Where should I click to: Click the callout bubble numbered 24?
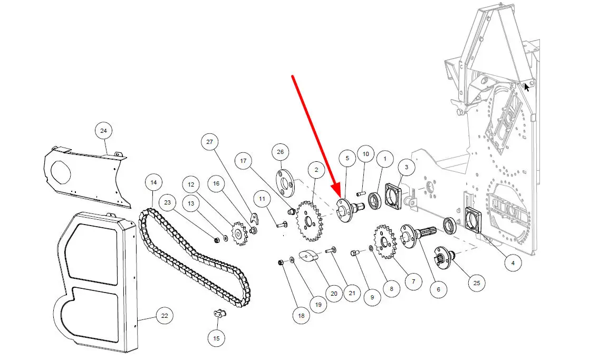[103, 131]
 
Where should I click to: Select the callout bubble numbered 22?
[165, 316]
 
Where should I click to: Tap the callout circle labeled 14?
[153, 182]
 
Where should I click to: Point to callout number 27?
[210, 142]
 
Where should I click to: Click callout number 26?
[280, 152]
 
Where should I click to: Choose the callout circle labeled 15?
[216, 338]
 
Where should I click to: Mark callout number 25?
[477, 283]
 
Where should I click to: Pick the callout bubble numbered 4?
[513, 263]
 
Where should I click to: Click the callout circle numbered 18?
[301, 316]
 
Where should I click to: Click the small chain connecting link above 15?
[219, 313]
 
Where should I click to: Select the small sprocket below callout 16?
[239, 233]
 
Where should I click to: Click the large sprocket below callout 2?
[309, 222]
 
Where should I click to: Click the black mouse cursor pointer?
[527, 87]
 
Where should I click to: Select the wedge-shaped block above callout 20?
[308, 256]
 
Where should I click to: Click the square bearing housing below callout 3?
[393, 196]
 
